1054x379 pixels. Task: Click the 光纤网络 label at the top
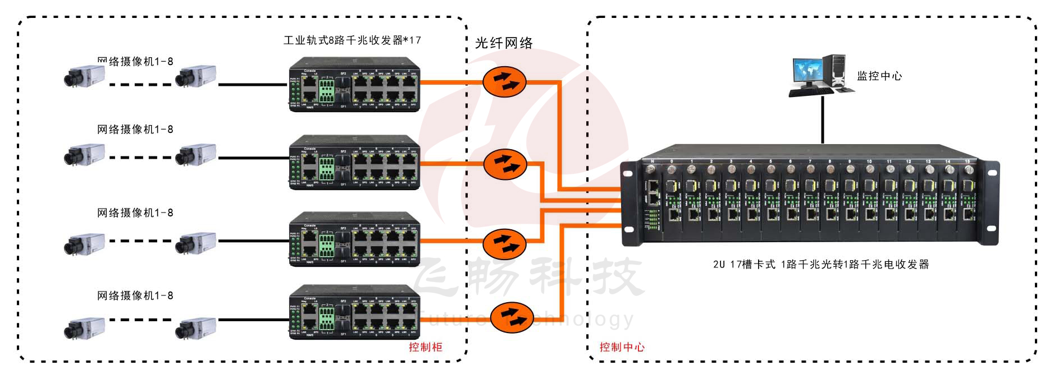point(504,43)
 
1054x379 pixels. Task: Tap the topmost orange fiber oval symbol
point(504,82)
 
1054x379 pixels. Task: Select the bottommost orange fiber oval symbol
point(511,317)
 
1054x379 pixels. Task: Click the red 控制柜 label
point(425,347)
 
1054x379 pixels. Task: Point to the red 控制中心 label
point(622,347)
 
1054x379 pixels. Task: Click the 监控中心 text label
point(879,76)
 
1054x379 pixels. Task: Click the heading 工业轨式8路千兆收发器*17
point(352,40)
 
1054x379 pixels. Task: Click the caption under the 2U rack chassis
point(821,264)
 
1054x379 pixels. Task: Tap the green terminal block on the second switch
point(326,168)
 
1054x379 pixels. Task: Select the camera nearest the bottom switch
point(195,327)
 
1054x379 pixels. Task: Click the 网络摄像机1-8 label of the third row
point(135,213)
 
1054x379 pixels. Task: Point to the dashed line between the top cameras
point(140,85)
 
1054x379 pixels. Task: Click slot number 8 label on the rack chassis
point(829,162)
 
